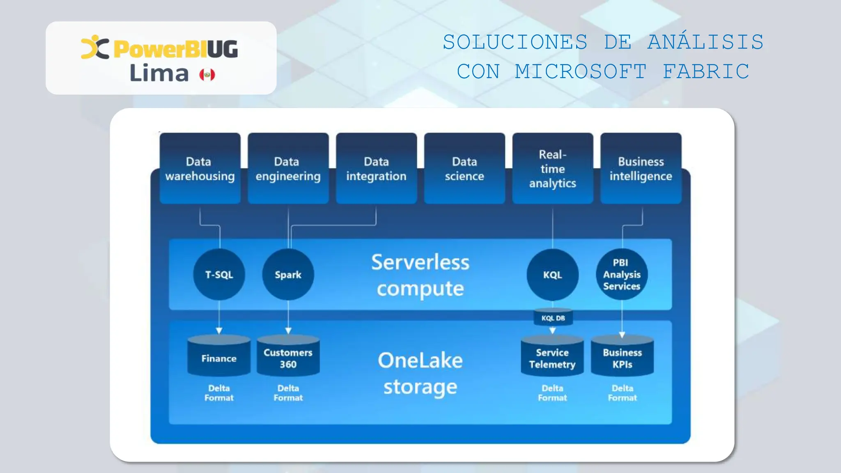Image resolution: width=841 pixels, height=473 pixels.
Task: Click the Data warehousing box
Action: point(200,169)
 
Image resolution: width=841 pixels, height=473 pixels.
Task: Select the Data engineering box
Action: point(288,169)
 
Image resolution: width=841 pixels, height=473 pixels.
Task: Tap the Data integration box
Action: point(376,169)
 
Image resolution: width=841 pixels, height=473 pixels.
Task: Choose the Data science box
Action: point(464,169)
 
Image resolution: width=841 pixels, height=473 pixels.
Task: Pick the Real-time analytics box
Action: point(552,169)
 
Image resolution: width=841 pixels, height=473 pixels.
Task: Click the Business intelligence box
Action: point(641,169)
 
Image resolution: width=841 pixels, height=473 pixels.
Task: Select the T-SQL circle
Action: point(219,274)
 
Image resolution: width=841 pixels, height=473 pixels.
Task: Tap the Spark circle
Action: point(288,274)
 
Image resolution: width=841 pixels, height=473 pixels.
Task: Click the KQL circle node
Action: point(552,274)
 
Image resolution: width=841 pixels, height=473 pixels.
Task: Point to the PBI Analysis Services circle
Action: point(622,274)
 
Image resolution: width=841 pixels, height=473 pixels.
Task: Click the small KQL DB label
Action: point(553,318)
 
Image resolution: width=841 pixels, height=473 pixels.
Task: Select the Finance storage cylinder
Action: point(219,356)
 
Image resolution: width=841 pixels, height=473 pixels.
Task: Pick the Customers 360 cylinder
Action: point(288,356)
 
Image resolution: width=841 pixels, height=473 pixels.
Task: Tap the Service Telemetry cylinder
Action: point(552,356)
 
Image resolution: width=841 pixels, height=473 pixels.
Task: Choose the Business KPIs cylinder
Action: point(622,356)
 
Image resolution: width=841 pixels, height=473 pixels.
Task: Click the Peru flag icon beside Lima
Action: point(207,75)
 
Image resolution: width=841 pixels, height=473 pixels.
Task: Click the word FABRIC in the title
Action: point(706,71)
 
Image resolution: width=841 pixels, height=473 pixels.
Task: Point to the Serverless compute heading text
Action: point(420,275)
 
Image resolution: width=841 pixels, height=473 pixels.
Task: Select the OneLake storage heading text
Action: point(420,374)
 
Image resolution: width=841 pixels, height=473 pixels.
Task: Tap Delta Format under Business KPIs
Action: point(622,393)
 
